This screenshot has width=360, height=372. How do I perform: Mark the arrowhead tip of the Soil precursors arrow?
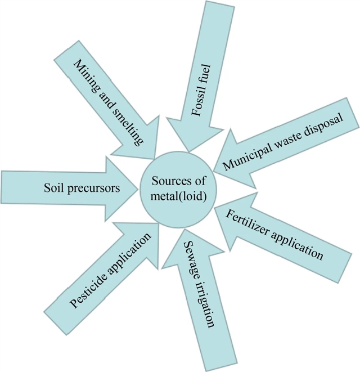138,188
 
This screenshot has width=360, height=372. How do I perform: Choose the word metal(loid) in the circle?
178,198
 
